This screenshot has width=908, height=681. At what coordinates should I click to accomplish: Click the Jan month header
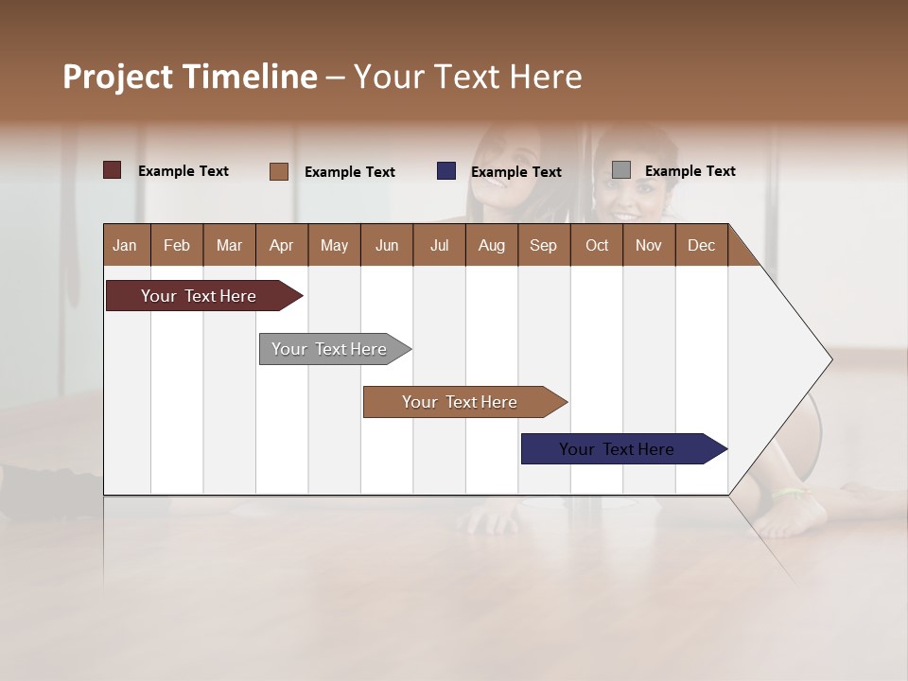click(126, 245)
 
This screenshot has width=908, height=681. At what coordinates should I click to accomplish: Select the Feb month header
click(177, 245)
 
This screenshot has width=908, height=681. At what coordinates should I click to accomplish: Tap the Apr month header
click(282, 245)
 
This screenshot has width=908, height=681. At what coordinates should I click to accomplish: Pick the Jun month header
click(387, 245)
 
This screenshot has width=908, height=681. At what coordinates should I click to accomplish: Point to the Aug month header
click(492, 245)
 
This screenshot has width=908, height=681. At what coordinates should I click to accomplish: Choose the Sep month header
click(544, 245)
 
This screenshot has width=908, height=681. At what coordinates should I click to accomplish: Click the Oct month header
click(597, 245)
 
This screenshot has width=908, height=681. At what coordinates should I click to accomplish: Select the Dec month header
click(702, 245)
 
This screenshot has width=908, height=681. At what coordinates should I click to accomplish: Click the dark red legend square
click(113, 170)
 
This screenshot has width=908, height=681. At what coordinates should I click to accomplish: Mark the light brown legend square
click(279, 171)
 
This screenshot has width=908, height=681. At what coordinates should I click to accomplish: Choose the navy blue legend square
click(446, 171)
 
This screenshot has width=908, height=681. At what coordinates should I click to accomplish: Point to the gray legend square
click(621, 170)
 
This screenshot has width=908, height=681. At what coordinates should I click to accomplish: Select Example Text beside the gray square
click(690, 171)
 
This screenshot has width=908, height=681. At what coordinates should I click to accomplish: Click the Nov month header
click(649, 245)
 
